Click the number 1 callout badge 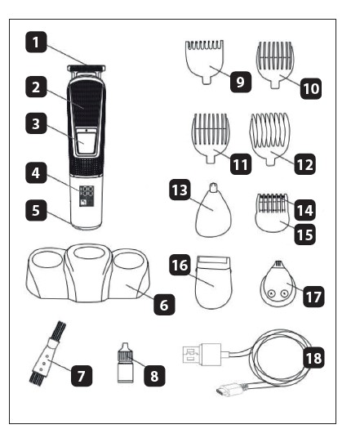pos(36,42)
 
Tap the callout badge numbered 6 pos(164,305)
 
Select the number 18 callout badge pos(313,357)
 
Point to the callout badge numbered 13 pos(180,190)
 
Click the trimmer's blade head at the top pos(87,68)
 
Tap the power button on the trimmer pos(85,141)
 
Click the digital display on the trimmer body pos(87,196)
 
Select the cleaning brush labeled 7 pos(47,352)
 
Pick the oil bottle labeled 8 pos(125,363)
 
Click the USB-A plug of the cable pos(202,355)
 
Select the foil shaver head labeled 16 pos(213,282)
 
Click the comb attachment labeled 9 pos(205,62)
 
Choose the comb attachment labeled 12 pos(269,139)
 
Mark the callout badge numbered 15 pos(304,235)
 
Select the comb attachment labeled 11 pos(211,138)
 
